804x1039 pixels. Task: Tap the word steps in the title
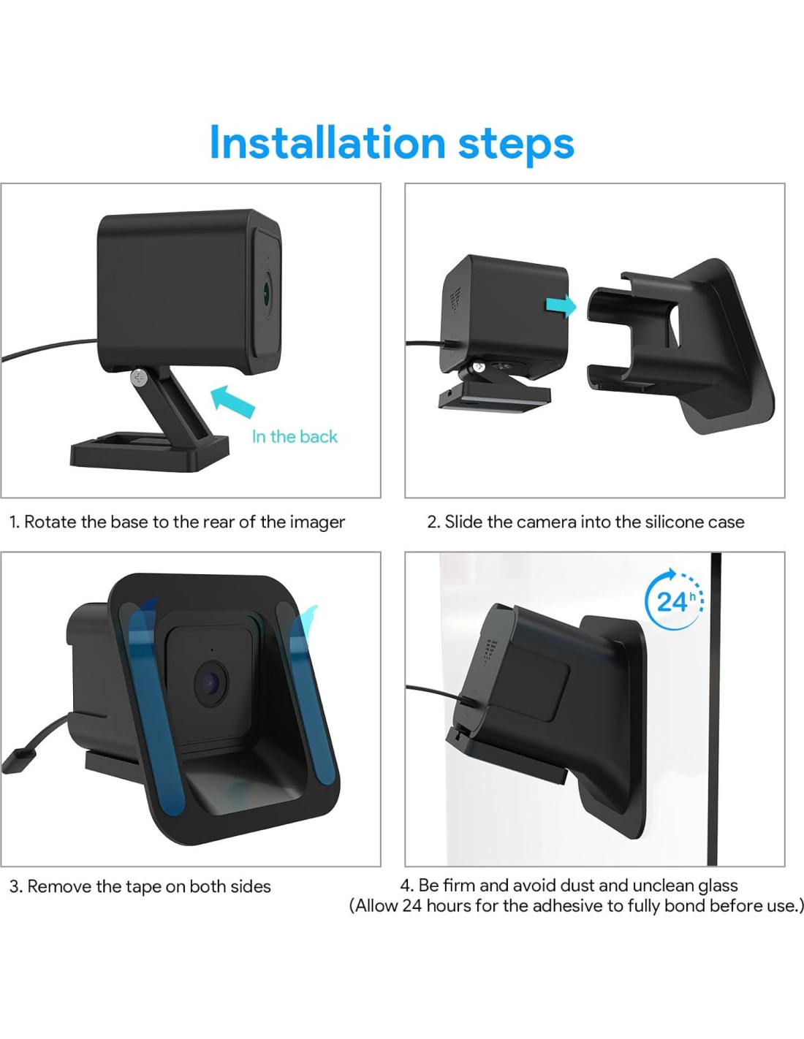pyautogui.click(x=516, y=145)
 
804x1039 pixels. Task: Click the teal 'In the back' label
pyautogui.click(x=295, y=436)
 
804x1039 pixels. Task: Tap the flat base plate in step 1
pyautogui.click(x=149, y=451)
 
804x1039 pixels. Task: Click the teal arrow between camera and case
pyautogui.click(x=561, y=305)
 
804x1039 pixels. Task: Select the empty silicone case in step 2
pyautogui.click(x=679, y=345)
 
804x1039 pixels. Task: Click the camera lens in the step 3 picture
pyautogui.click(x=211, y=684)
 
